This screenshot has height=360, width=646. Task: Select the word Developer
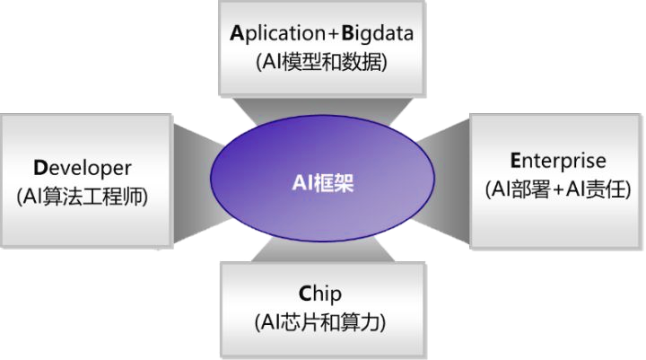point(83,168)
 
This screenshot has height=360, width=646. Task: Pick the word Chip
point(321,293)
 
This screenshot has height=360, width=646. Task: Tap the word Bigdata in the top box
point(376,35)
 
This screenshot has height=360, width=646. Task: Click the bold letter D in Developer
point(39,168)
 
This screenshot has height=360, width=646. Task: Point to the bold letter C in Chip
point(306,293)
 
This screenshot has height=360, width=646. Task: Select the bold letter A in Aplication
point(236,35)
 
